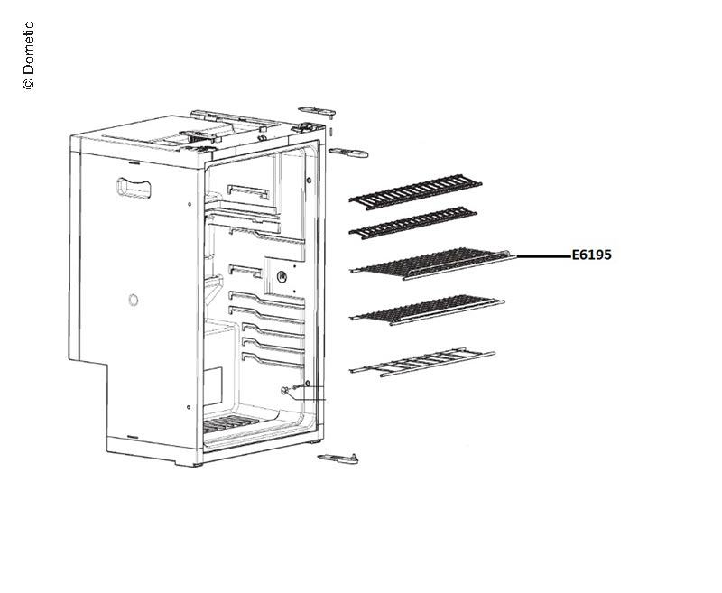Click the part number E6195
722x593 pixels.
tap(592, 255)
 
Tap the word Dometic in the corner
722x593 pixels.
tap(29, 48)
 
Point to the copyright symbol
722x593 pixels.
tap(29, 83)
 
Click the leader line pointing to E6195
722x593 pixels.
tap(544, 255)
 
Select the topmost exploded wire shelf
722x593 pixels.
tap(415, 191)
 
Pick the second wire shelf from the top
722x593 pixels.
tap(413, 223)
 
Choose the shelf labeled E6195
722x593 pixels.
tap(433, 264)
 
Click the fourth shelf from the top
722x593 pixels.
tap(427, 310)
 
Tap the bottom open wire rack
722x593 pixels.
tap(422, 362)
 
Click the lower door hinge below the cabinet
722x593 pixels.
tap(338, 458)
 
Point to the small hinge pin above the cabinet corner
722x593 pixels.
tap(331, 131)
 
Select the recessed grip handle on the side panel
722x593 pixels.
tap(134, 188)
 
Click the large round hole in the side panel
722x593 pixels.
tap(133, 301)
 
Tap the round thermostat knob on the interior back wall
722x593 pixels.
tap(282, 277)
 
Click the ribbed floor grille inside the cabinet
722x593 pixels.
tap(227, 422)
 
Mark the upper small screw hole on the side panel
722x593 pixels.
tap(190, 204)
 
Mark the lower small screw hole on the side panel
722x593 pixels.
tap(189, 407)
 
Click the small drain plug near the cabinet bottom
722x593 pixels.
tap(284, 391)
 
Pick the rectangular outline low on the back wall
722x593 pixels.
tap(213, 385)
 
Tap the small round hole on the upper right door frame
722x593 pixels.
tap(309, 180)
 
